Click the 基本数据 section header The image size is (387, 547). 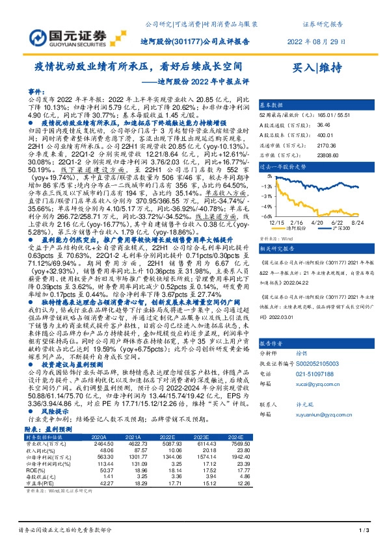(271, 104)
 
